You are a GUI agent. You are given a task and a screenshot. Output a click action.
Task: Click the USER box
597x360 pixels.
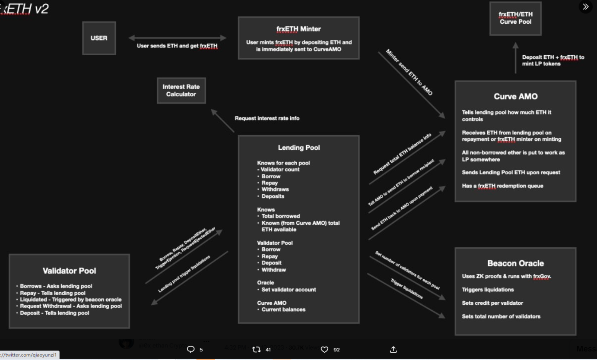pyautogui.click(x=99, y=38)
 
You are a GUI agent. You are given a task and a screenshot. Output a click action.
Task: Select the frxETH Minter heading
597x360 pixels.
pyautogui.click(x=298, y=29)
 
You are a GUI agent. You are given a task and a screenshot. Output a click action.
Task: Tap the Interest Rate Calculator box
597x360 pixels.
pyautogui.click(x=181, y=91)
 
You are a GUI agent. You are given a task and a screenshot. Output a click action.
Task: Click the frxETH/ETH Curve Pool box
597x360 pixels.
pyautogui.click(x=515, y=18)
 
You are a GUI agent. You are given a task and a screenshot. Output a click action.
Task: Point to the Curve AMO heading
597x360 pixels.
pyautogui.click(x=515, y=97)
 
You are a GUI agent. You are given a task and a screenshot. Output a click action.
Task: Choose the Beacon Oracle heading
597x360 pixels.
pyautogui.click(x=515, y=263)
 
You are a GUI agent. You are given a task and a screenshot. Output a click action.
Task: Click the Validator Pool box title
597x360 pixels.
pyautogui.click(x=69, y=271)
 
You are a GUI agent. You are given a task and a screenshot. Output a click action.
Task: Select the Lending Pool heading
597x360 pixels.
pyautogui.click(x=298, y=148)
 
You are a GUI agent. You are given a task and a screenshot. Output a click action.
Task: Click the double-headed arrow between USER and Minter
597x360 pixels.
pyautogui.click(x=177, y=38)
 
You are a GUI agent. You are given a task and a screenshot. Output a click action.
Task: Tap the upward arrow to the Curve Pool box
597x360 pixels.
pyautogui.click(x=515, y=57)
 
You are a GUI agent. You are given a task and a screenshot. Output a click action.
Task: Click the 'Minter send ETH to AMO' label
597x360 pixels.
pyautogui.click(x=409, y=73)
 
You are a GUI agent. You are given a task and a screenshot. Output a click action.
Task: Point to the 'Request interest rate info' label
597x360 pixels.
pyautogui.click(x=267, y=118)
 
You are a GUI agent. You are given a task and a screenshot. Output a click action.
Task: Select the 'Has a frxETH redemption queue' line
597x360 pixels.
pyautogui.click(x=502, y=186)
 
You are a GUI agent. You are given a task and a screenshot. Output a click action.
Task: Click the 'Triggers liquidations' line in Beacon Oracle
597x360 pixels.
pyautogui.click(x=488, y=290)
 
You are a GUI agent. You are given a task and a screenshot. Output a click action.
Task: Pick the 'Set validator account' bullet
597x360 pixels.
pyautogui.click(x=289, y=290)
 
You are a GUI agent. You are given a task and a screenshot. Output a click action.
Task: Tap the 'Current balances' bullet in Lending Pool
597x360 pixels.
pyautogui.click(x=283, y=309)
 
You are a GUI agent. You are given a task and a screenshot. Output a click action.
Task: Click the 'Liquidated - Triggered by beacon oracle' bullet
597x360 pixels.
pyautogui.click(x=70, y=300)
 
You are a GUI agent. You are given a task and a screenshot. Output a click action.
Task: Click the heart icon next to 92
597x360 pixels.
pyautogui.click(x=324, y=350)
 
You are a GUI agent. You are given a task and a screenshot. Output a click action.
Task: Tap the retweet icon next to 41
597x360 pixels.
pyautogui.click(x=256, y=350)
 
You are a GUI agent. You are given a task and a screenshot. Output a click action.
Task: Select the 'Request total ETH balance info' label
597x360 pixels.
pyautogui.click(x=402, y=154)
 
